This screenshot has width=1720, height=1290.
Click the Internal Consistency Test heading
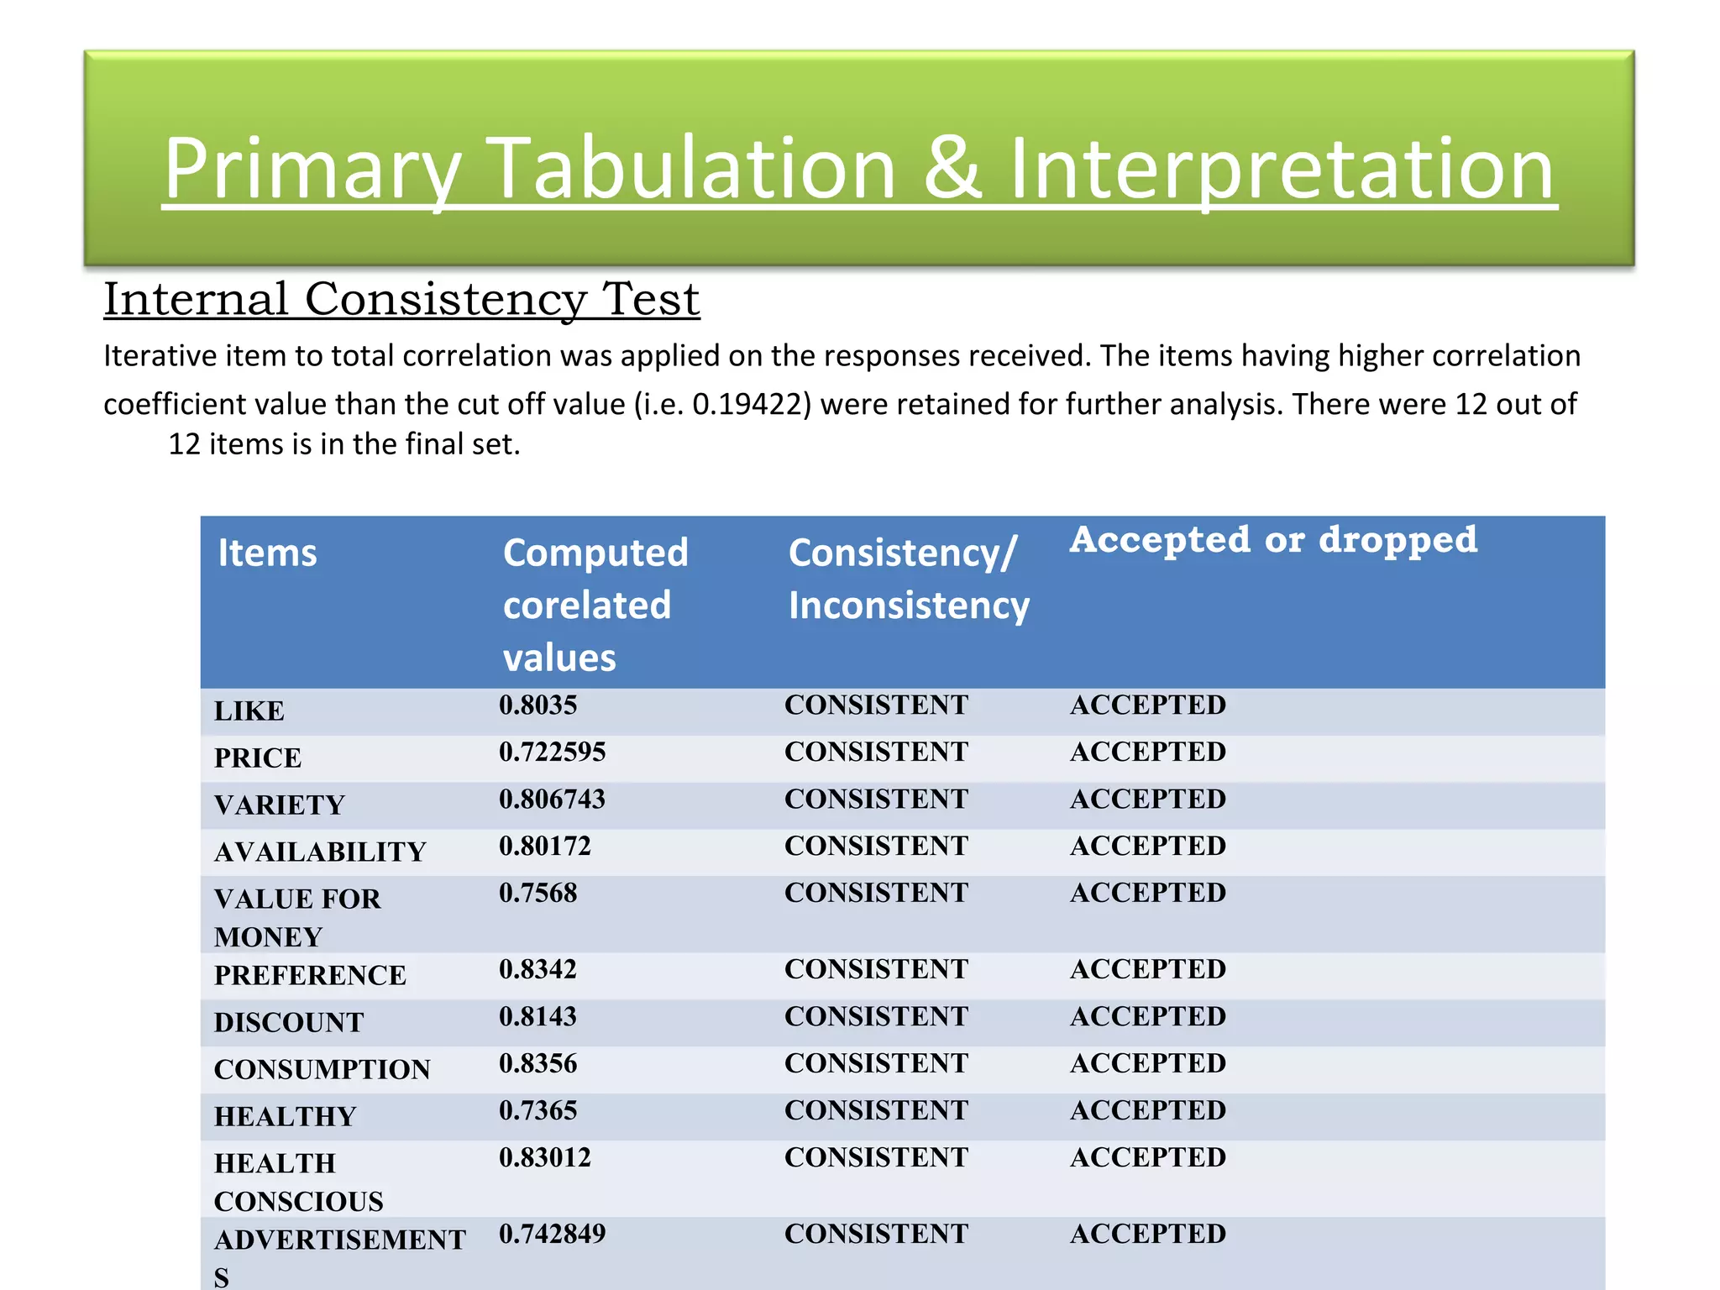tap(401, 299)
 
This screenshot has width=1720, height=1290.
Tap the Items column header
tap(267, 553)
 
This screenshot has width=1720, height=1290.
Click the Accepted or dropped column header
tap(1272, 539)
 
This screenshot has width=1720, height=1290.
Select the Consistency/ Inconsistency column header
tap(908, 579)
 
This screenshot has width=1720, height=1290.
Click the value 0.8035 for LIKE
tap(537, 705)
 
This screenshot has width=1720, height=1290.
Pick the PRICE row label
tap(257, 758)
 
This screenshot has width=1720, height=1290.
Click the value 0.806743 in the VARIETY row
tap(552, 799)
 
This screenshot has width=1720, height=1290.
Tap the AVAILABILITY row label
tap(320, 852)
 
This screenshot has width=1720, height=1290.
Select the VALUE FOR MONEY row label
tap(296, 917)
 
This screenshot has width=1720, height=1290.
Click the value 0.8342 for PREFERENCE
tap(537, 969)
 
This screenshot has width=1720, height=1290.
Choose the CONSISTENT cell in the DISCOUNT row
tap(876, 1016)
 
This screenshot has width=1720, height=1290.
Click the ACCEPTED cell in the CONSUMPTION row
tap(1147, 1063)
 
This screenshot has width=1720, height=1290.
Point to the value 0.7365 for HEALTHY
tap(537, 1110)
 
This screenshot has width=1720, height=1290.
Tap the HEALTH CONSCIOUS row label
tap(297, 1182)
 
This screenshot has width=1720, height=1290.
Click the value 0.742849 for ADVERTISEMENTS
tap(552, 1234)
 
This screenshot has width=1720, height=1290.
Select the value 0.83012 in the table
tap(544, 1157)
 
